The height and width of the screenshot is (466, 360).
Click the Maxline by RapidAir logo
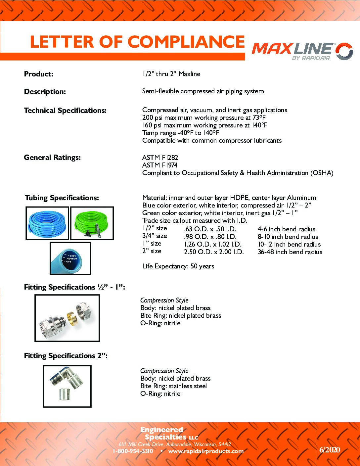(x=302, y=51)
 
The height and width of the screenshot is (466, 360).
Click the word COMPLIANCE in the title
(x=186, y=42)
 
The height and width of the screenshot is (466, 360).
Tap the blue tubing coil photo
(x=47, y=223)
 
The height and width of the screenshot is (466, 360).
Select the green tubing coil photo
(x=92, y=223)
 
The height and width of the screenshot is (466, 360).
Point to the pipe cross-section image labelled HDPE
(x=70, y=258)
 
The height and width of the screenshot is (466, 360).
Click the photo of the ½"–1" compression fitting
(x=67, y=318)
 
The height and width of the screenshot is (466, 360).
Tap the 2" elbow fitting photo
(x=67, y=386)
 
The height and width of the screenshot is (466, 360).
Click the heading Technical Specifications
(x=65, y=111)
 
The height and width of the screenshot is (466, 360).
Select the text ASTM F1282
(x=160, y=158)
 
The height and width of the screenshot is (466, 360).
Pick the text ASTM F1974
(x=160, y=165)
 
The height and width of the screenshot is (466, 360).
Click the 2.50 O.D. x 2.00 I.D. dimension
(x=214, y=252)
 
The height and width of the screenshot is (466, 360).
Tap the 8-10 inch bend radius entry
(x=288, y=237)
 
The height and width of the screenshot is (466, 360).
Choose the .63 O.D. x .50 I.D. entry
(x=210, y=229)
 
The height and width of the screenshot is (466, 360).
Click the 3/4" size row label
(x=155, y=236)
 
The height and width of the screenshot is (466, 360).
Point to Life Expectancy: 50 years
(x=178, y=266)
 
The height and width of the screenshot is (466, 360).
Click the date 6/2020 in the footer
(x=330, y=449)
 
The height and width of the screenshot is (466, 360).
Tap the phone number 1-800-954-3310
(x=133, y=451)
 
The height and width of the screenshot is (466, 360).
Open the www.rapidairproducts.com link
(x=206, y=451)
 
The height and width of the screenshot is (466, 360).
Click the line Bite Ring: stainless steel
(x=173, y=386)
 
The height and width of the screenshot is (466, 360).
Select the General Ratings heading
(x=52, y=158)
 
